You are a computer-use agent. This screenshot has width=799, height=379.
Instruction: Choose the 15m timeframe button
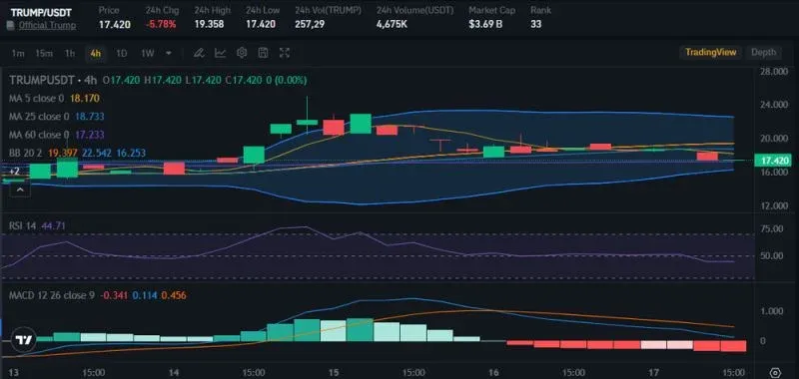click(x=43, y=53)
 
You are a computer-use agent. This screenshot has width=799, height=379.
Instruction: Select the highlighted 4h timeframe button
click(x=95, y=53)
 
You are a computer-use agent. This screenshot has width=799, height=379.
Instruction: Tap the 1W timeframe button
click(x=147, y=53)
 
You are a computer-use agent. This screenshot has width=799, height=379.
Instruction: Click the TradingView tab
click(x=710, y=53)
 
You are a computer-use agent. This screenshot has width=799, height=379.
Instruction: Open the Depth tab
click(x=763, y=53)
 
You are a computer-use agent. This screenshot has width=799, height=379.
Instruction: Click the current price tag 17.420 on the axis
click(x=775, y=160)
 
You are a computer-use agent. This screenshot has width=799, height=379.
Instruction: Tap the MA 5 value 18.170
click(x=85, y=99)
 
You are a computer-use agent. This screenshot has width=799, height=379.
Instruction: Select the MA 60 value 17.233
click(x=90, y=134)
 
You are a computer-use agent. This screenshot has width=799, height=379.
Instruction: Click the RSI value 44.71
click(x=54, y=226)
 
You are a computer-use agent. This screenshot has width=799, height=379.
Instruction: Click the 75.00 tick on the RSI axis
click(x=771, y=228)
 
